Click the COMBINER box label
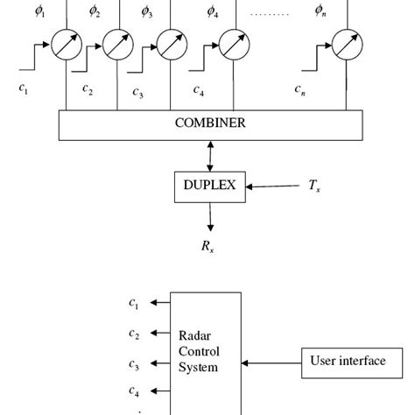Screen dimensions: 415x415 [x=210, y=123]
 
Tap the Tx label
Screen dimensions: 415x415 [x=314, y=186]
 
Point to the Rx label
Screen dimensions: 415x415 [x=207, y=246]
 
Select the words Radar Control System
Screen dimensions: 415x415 [x=199, y=351]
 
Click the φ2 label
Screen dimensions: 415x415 [x=95, y=11]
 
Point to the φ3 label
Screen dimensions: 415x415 [x=147, y=12]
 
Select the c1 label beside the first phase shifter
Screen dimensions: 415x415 [x=24, y=88]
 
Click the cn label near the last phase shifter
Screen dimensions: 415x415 [x=299, y=89]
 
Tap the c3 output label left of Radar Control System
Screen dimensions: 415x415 [x=134, y=364]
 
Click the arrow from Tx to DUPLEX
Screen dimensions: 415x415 [x=272, y=186]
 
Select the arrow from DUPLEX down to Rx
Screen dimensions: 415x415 [x=210, y=217]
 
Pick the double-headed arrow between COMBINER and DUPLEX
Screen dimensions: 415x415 [x=210, y=156]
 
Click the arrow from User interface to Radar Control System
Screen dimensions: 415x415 [x=271, y=363]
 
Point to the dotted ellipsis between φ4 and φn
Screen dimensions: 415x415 [x=270, y=14]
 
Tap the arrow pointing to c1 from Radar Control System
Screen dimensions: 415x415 [x=160, y=303]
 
